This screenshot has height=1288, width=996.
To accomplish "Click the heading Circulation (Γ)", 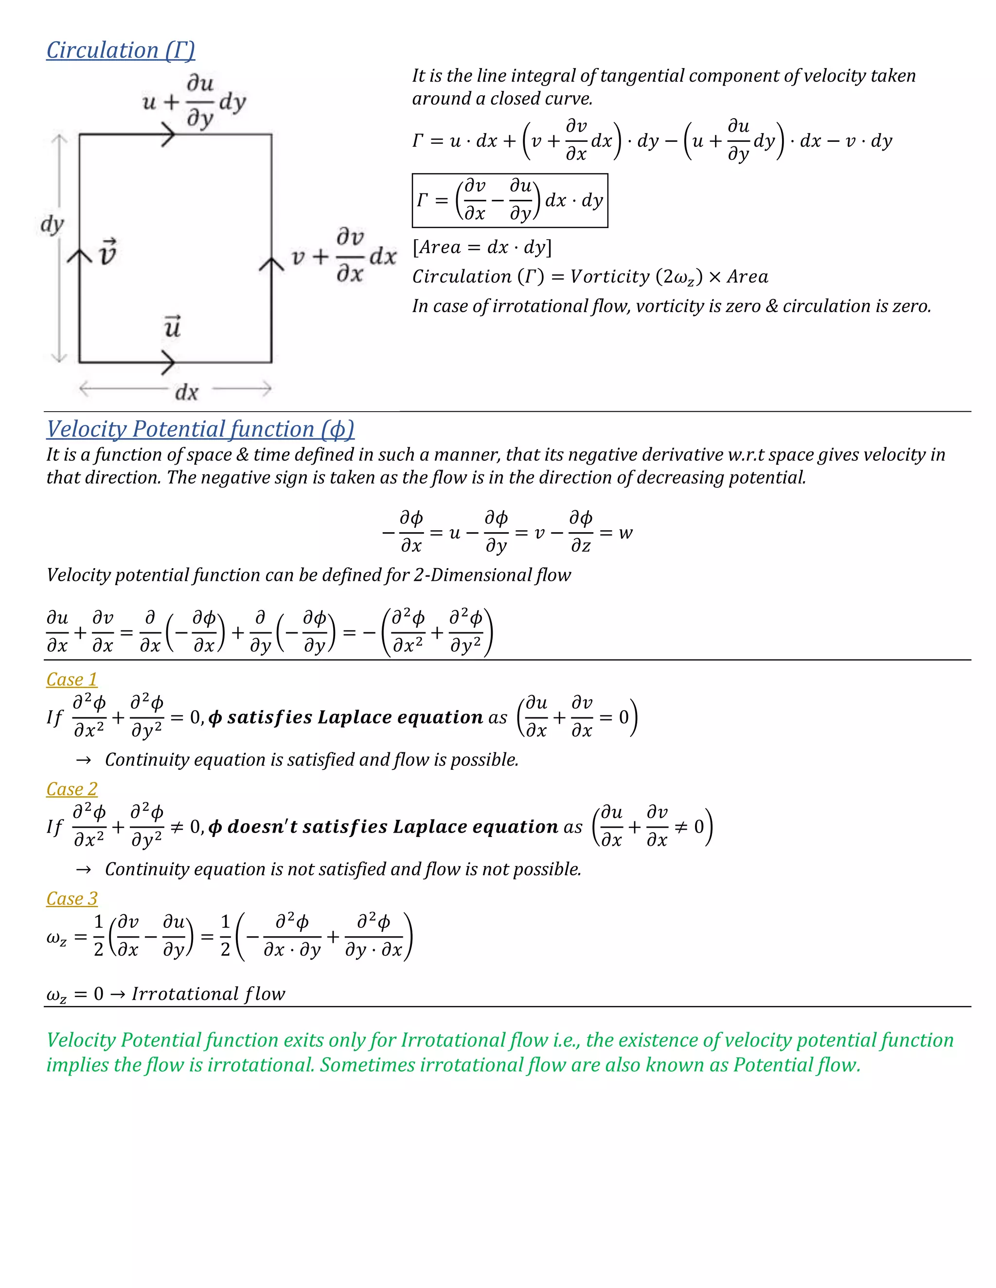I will click(x=121, y=50).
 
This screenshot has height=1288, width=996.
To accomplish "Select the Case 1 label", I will click(x=71, y=679).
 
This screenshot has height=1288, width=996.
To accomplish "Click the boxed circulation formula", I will click(x=510, y=201).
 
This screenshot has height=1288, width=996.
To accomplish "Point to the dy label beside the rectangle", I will click(x=52, y=224).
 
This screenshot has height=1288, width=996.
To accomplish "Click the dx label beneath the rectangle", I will click(x=186, y=392).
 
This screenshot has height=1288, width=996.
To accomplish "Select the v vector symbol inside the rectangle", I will click(x=107, y=252).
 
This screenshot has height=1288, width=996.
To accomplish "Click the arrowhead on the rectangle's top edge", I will click(x=169, y=135).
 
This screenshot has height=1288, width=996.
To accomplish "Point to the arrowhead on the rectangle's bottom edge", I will click(x=169, y=362).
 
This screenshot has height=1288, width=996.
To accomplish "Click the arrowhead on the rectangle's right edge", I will click(x=271, y=263).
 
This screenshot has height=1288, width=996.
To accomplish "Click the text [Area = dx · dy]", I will click(x=482, y=247).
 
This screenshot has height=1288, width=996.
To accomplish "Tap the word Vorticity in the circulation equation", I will click(x=609, y=277).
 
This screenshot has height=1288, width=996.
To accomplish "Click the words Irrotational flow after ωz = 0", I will click(x=208, y=994).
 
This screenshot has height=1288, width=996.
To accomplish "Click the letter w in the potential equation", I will click(x=625, y=533).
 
